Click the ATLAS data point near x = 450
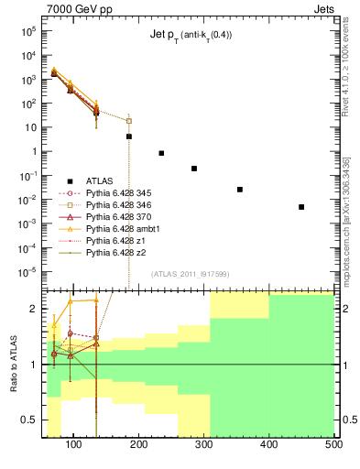[x=301, y=207]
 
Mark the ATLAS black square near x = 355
[x=240, y=190]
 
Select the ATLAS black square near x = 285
[x=194, y=169]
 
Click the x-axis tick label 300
[x=204, y=444]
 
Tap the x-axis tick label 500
[x=333, y=444]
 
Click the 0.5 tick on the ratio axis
[x=31, y=420]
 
